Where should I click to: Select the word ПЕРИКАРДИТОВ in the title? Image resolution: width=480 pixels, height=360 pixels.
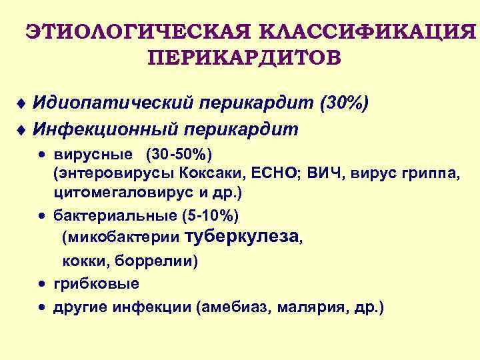tap(243, 57)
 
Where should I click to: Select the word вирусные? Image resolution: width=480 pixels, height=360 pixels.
tap(93, 155)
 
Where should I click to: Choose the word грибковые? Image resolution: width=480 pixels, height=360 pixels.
tap(96, 283)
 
